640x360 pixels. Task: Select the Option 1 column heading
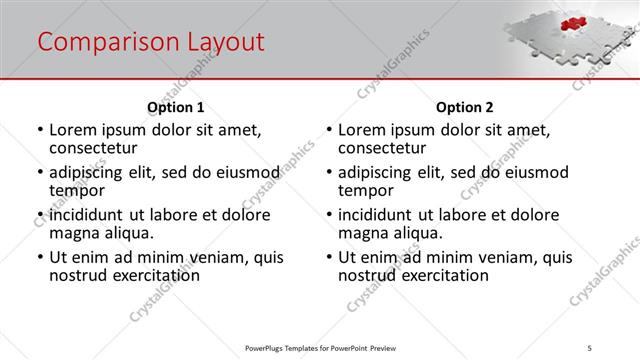(175, 107)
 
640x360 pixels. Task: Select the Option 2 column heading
(464, 107)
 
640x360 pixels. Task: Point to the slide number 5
(590, 347)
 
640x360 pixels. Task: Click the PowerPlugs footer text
(320, 347)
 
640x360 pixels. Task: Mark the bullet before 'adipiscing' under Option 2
(329, 173)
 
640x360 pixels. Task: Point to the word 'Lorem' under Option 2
(364, 130)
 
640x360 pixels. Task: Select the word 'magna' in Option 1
(75, 233)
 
